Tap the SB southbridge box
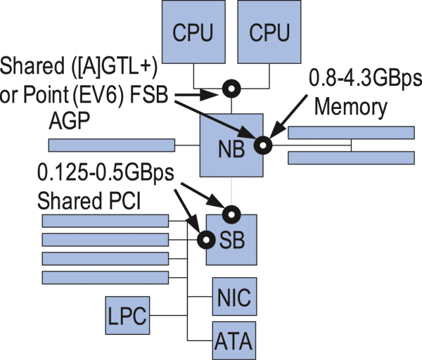tap(232, 240)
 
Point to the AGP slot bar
tap(111, 146)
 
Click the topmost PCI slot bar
tap(105, 221)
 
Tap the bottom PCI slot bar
tap(105, 278)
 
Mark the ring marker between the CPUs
tap(231, 89)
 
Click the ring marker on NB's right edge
tap(263, 146)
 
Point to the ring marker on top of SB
tap(232, 212)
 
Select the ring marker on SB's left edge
tap(205, 240)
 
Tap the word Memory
tap(350, 108)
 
